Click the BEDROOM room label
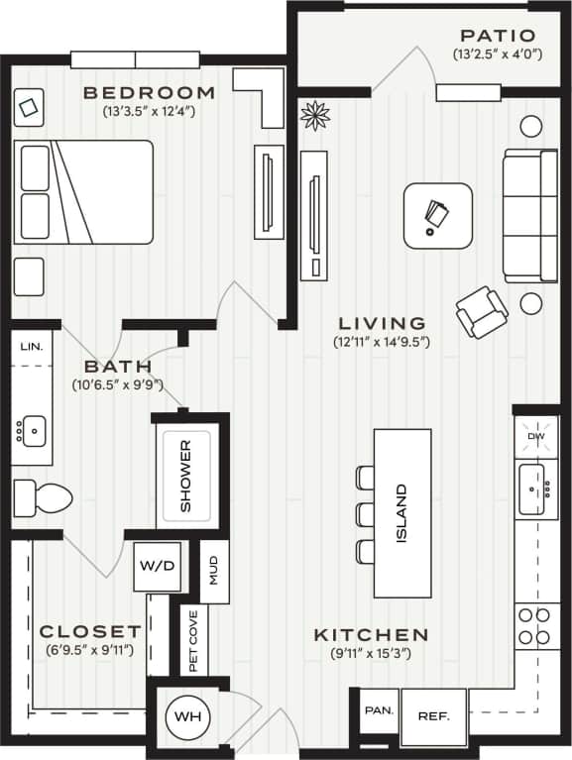pyautogui.click(x=149, y=93)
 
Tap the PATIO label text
pyautogui.click(x=498, y=36)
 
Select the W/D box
pyautogui.click(x=156, y=567)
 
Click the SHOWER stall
pyautogui.click(x=186, y=475)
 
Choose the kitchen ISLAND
pyautogui.click(x=401, y=512)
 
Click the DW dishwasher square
pyautogui.click(x=536, y=437)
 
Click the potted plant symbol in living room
pyautogui.click(x=315, y=116)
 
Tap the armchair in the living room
pyautogui.click(x=482, y=311)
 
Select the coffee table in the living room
pyautogui.click(x=437, y=215)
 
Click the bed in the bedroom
pyautogui.click(x=83, y=191)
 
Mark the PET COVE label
pyautogui.click(x=192, y=641)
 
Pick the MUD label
pyautogui.click(x=215, y=572)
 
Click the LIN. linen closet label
pyautogui.click(x=31, y=346)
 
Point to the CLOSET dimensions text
pyautogui.click(x=90, y=651)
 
